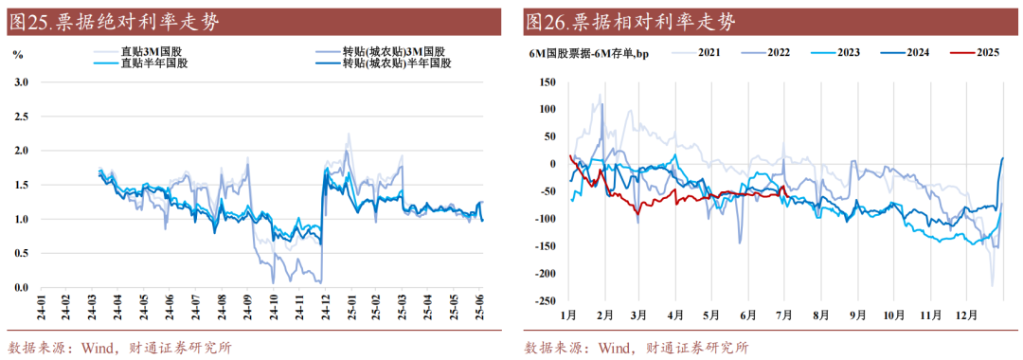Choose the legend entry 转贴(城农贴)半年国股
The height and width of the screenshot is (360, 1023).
coord(398,63)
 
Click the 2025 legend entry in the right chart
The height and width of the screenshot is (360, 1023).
coord(977,52)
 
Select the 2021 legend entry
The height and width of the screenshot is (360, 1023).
coord(711,52)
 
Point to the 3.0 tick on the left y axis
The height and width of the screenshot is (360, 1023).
coord(22,82)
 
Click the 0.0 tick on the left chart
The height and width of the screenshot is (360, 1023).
coord(22,288)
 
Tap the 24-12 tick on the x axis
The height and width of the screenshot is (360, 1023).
coord(324,308)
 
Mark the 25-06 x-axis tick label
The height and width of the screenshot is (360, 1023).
coord(480,308)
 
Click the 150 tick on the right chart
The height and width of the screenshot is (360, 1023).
coord(547,82)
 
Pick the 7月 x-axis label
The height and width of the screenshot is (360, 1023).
coord(784,315)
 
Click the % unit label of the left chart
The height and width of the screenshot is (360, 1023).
coord(17,53)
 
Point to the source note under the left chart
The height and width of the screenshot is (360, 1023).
coord(119,347)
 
